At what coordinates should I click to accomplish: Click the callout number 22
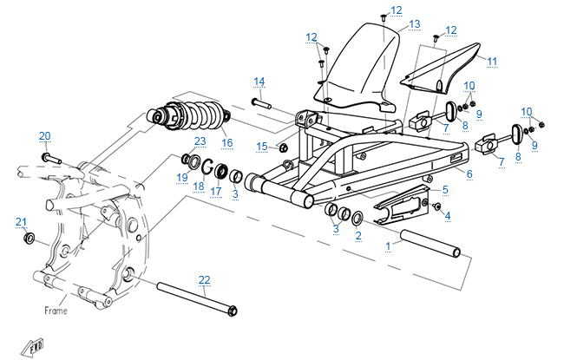(x=204, y=279)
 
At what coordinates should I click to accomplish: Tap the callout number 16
(x=227, y=143)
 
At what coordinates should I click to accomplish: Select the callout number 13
(x=414, y=23)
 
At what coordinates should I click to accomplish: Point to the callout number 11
(x=492, y=61)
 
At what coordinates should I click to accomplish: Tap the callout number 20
(x=45, y=135)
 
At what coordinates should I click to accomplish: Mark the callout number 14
(x=259, y=82)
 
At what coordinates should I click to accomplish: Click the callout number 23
(x=200, y=141)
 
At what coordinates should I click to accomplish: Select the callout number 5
(x=445, y=189)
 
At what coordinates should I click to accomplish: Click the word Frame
(x=56, y=308)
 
